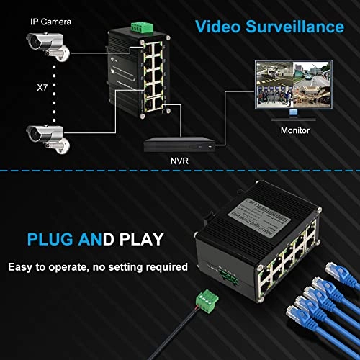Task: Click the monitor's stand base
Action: tap(292, 117)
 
